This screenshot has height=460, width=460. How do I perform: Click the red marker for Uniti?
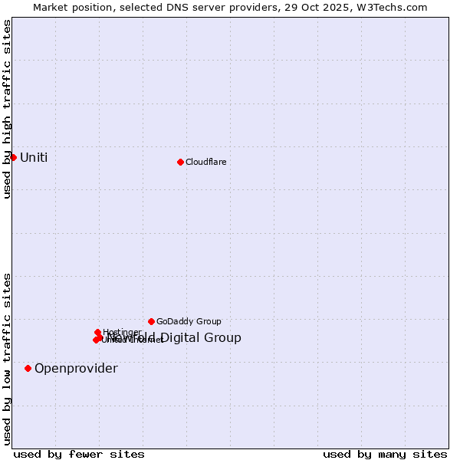(x=13, y=157)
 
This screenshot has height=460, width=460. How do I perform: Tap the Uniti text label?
(x=34, y=158)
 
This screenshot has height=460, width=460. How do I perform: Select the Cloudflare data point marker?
(x=180, y=162)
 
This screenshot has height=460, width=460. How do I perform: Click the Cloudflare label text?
(x=205, y=163)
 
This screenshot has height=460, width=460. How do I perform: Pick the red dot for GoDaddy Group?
(x=151, y=321)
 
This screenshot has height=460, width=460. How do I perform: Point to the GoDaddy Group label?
(x=189, y=322)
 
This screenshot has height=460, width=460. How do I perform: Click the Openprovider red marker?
(x=28, y=368)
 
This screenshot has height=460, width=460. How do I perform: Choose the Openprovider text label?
(x=76, y=369)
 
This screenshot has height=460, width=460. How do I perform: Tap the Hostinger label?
(x=122, y=332)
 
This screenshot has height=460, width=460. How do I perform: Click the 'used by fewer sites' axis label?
(x=79, y=455)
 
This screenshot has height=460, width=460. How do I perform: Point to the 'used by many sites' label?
(x=385, y=455)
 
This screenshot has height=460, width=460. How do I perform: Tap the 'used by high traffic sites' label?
(x=7, y=109)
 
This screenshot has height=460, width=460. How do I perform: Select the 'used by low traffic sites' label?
(x=7, y=359)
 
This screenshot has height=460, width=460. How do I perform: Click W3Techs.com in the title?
(x=389, y=8)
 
